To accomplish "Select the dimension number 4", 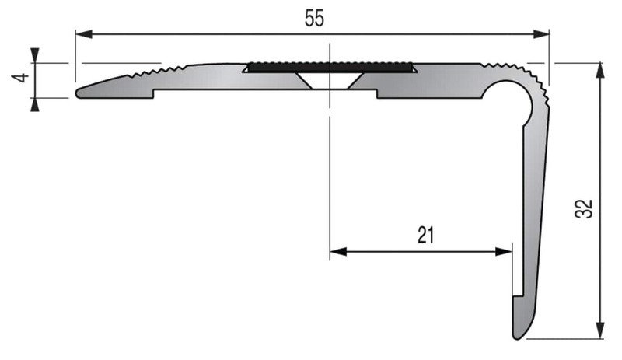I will coord(23,78).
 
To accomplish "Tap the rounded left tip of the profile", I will coord(80,94).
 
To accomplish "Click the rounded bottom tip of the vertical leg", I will coord(519,334).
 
